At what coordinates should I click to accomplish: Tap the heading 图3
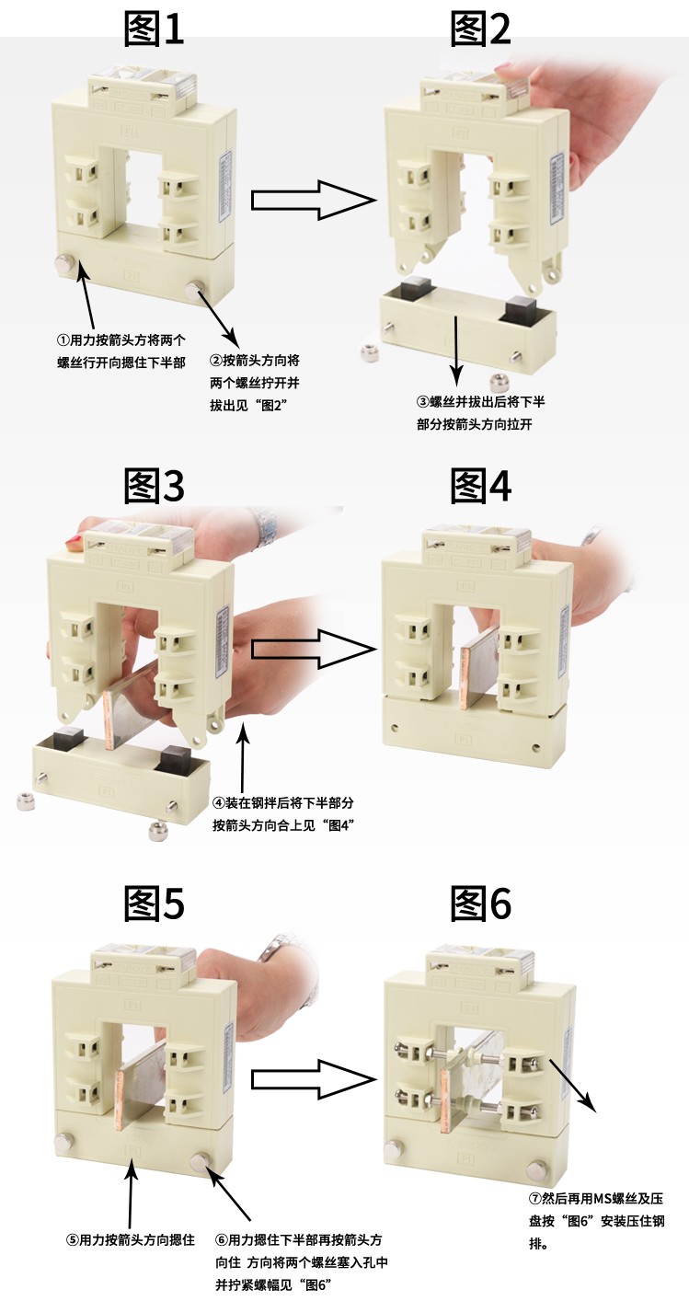155,486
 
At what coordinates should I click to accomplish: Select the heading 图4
480,486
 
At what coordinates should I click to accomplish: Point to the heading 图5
155,904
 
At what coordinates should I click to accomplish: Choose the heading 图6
480,904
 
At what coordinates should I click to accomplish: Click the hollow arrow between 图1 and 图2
313,201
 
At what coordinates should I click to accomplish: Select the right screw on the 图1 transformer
197,292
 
